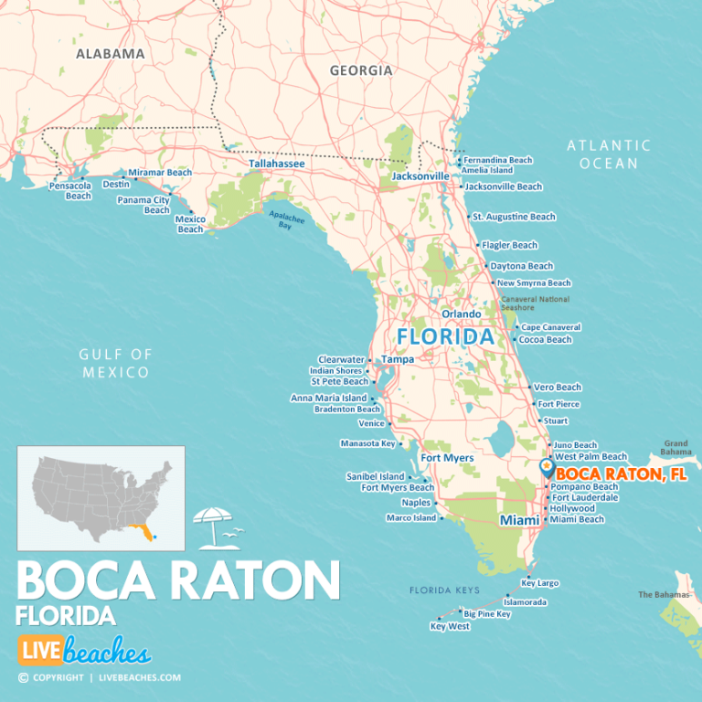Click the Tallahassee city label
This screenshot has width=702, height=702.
click(277, 164)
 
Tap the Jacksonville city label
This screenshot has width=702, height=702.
click(420, 175)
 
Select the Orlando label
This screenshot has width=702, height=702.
click(462, 314)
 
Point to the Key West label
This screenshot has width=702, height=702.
click(450, 626)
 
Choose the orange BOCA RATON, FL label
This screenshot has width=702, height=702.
click(622, 473)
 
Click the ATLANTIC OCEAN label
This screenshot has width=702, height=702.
click(609, 154)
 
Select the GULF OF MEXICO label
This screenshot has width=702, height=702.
click(114, 363)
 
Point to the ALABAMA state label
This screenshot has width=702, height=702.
click(110, 53)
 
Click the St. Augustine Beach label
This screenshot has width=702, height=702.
click(514, 217)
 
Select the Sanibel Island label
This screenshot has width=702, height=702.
click(375, 476)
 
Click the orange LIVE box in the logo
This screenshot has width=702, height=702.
click(40, 653)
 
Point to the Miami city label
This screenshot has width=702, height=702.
click(519, 520)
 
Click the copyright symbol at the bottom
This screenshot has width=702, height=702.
click(23, 677)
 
